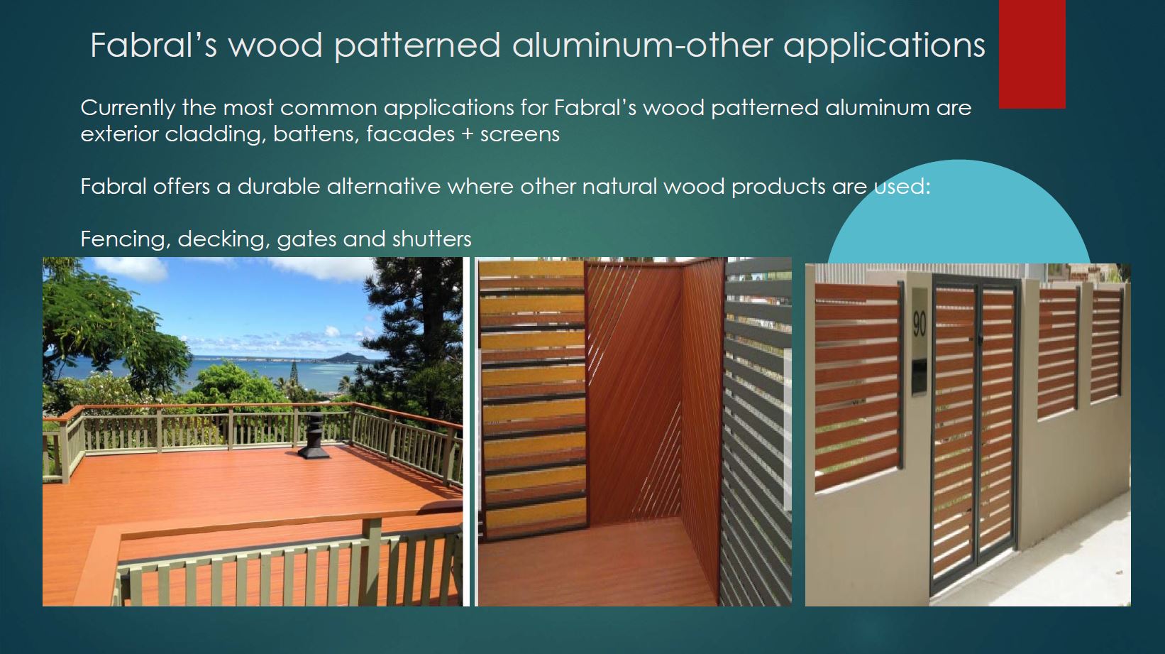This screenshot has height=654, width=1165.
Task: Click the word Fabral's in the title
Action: (153, 45)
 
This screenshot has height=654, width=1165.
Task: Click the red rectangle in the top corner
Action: (1032, 54)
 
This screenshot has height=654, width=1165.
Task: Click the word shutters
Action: (431, 239)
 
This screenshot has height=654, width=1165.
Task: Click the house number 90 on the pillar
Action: (920, 325)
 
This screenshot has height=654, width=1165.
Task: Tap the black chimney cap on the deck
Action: (314, 436)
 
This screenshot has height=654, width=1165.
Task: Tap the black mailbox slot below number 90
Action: (919, 376)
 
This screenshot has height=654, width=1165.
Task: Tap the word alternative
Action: (383, 187)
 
